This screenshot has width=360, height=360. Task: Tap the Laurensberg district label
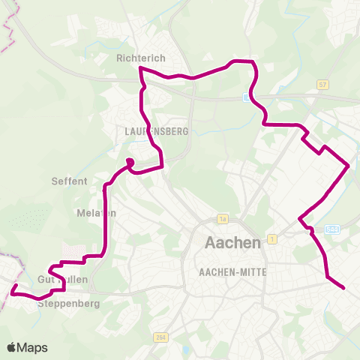coord(156,130)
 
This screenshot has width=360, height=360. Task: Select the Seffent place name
coord(70,181)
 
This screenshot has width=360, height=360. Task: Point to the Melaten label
coord(97,213)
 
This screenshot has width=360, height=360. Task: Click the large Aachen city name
coord(232,243)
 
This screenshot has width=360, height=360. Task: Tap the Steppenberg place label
coord(68,304)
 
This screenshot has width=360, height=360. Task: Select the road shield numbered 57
coord(322,85)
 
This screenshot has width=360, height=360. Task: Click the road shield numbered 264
coord(160,337)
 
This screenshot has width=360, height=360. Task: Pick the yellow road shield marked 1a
coord(222,219)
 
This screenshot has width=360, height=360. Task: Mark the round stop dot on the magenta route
coord(129,161)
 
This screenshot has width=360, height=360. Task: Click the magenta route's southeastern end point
coord(343,287)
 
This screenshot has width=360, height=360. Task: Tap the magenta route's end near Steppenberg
coord(13,286)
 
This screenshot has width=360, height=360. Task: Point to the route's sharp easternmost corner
coord(349,165)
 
